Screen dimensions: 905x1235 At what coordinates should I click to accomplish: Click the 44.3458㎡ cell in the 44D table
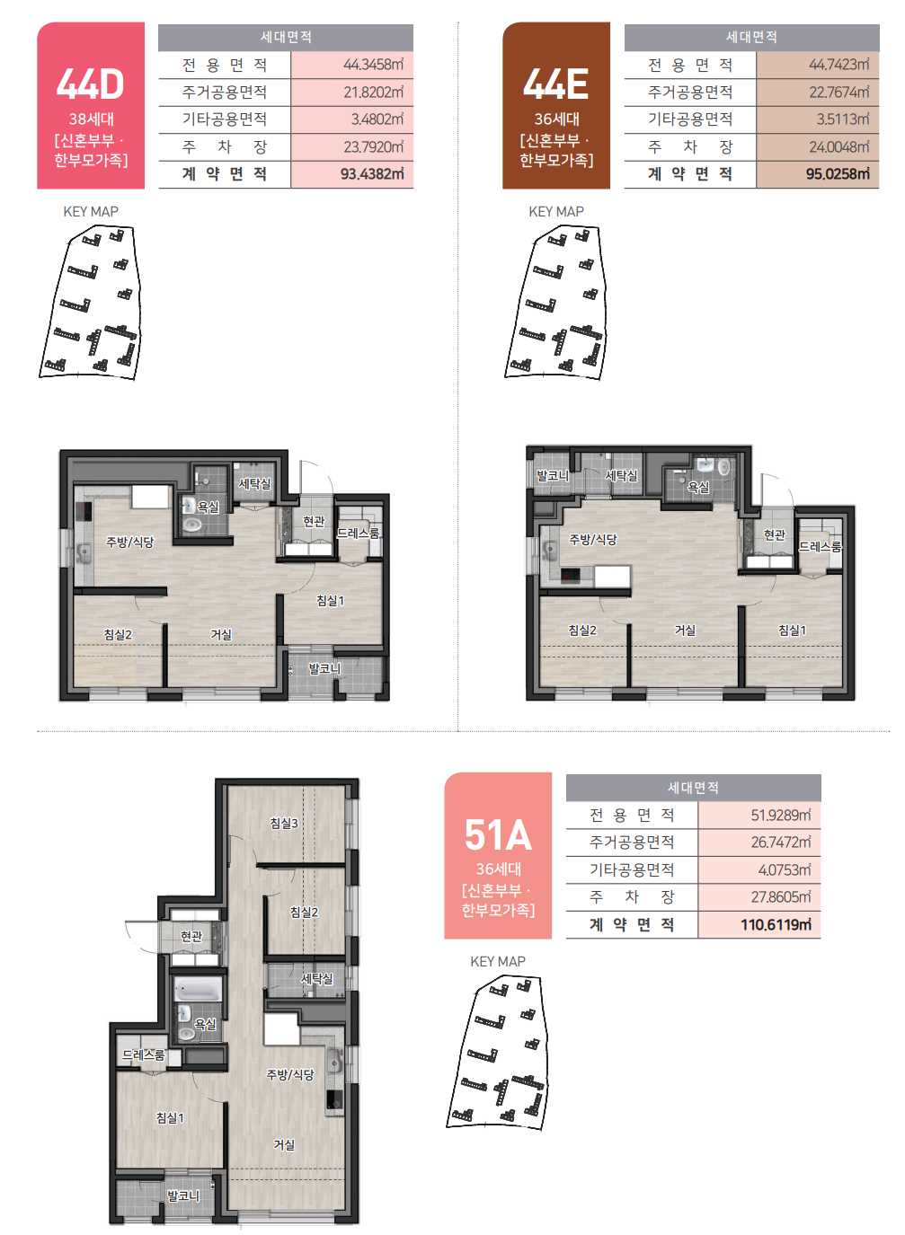click(373, 65)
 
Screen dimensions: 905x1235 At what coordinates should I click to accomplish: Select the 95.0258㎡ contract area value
click(838, 174)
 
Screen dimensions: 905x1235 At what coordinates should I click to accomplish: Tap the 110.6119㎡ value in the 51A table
click(776, 924)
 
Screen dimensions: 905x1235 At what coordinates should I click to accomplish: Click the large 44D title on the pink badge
click(90, 84)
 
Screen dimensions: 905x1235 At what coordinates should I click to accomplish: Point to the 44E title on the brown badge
click(555, 84)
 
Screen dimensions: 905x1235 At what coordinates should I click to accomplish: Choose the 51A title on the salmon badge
click(498, 834)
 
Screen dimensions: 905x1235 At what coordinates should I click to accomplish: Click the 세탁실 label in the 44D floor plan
click(254, 483)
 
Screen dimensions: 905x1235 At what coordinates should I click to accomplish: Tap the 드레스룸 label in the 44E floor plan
click(820, 546)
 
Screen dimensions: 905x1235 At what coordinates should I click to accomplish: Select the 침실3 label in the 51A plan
click(284, 823)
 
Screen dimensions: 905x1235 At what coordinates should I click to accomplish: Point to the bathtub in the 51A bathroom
click(198, 990)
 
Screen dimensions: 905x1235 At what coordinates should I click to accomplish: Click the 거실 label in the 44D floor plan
click(221, 634)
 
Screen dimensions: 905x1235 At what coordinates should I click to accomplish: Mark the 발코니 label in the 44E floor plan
click(553, 475)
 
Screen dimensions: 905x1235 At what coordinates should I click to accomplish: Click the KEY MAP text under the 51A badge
click(498, 962)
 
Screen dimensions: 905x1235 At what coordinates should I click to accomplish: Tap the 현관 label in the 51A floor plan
click(191, 936)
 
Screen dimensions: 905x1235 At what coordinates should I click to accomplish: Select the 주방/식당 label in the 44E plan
click(593, 539)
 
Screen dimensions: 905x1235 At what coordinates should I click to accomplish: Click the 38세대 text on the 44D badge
click(91, 119)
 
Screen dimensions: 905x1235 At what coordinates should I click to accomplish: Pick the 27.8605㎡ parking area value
click(780, 897)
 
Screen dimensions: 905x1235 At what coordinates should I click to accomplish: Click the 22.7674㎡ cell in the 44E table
click(838, 93)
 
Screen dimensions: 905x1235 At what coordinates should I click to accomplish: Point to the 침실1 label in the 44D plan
click(330, 600)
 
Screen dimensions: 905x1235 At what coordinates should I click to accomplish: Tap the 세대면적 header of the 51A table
click(693, 788)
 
